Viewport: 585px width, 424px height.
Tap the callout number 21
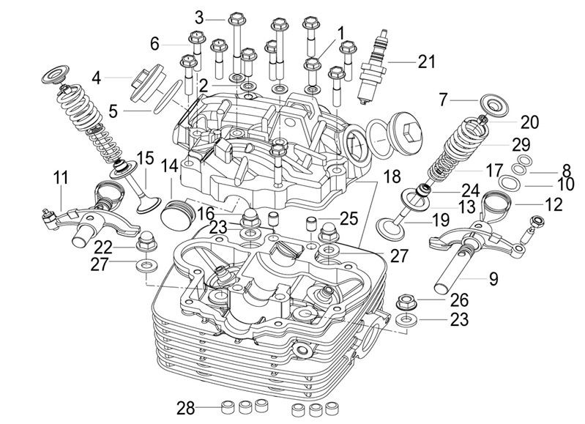[427, 62]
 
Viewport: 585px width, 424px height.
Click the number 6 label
[154, 44]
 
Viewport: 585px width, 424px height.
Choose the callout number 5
[113, 111]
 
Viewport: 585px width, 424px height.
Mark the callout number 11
[60, 177]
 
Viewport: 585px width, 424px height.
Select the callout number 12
[554, 204]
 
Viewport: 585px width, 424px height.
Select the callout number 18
[392, 177]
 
